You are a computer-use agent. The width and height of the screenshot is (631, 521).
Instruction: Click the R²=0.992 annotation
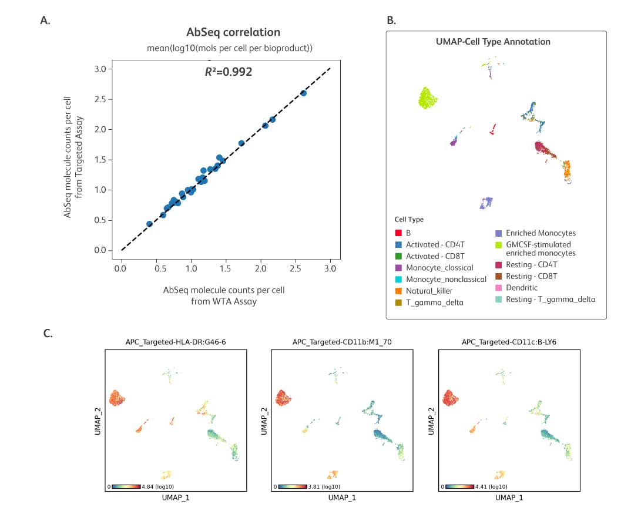[229, 72]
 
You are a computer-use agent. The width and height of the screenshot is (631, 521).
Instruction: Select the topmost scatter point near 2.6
[303, 93]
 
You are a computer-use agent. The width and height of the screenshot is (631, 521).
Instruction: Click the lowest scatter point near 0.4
[149, 224]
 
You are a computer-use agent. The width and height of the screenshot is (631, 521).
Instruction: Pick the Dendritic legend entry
[522, 288]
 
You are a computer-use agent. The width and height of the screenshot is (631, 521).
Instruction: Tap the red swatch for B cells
[398, 233]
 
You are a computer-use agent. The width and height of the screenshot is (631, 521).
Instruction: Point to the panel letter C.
[49, 334]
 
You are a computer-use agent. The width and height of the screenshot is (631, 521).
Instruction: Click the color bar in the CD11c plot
[459, 486]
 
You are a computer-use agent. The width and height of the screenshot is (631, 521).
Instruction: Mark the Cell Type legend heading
[409, 220]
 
